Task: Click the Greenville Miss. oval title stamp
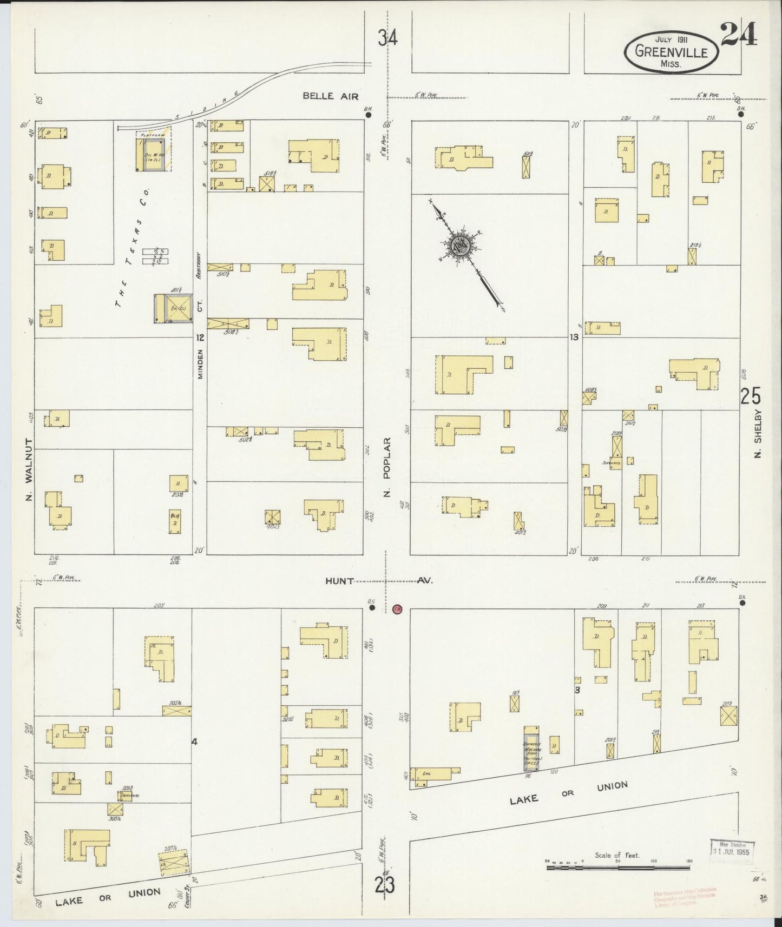[671, 52]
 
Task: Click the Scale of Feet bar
[617, 867]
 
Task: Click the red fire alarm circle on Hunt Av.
[397, 610]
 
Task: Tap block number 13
[574, 337]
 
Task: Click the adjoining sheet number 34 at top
[387, 38]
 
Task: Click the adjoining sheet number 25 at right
[751, 396]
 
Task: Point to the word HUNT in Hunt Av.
[340, 581]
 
